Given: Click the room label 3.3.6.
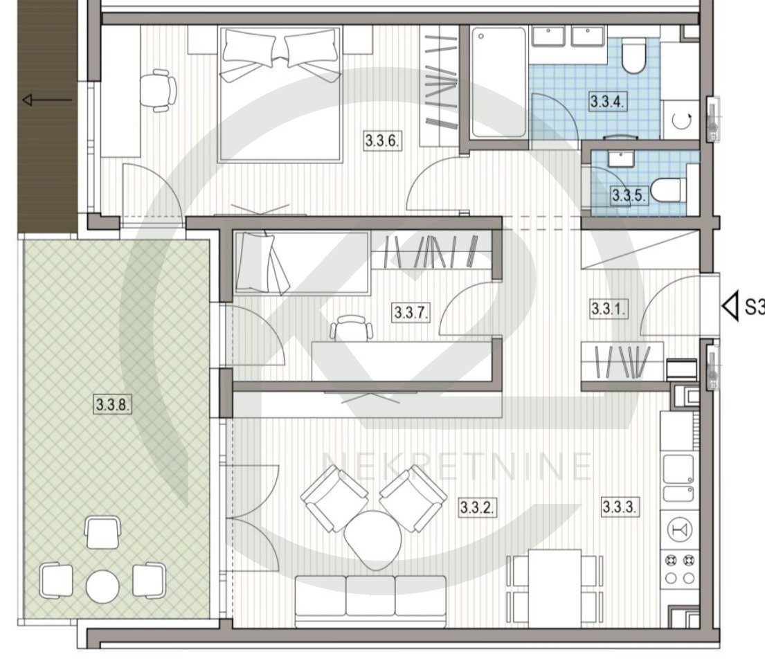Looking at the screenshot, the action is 383,141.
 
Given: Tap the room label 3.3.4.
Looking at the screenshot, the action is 607,102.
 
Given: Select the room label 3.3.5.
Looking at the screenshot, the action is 629,195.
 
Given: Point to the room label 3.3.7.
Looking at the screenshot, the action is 411,311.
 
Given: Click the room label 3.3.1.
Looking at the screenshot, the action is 609,309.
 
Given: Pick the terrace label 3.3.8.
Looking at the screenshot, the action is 113,404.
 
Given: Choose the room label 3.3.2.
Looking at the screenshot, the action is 478,508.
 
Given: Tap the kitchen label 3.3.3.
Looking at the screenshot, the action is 619,507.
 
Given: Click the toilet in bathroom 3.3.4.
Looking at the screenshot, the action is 634,57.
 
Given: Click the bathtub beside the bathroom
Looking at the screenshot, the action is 498,82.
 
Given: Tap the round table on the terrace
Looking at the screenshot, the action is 102,586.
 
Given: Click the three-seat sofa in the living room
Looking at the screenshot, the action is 371,601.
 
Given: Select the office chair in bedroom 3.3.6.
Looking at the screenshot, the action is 158,90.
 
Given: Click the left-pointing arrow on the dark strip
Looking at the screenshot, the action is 47,100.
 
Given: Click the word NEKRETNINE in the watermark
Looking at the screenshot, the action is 458,466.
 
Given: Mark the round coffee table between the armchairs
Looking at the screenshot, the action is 372,539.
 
